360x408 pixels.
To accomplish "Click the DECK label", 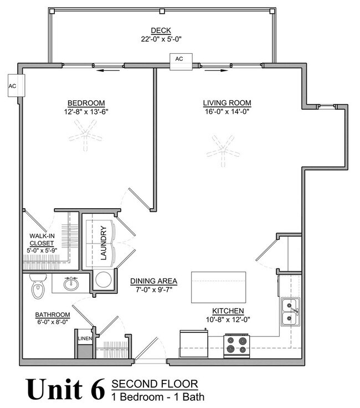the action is tap(161, 30).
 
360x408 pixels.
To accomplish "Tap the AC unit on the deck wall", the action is tap(181, 61).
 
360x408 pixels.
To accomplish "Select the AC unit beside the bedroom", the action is tap(16, 86).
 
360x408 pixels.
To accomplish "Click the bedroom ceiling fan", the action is tap(85, 135).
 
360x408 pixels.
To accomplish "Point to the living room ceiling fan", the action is tap(223, 151).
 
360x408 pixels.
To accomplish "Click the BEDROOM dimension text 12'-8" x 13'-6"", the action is tap(86, 112).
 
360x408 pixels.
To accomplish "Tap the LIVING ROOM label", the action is tap(227, 103).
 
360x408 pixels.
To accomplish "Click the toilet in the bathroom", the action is tap(38, 286).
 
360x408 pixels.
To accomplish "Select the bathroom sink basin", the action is tap(71, 283).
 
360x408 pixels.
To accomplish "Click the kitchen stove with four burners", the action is tap(236, 346).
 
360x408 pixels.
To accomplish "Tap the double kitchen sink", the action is tap(290, 312).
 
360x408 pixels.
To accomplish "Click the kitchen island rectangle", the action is tap(218, 287).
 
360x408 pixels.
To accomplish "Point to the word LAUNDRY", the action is tap(104, 243).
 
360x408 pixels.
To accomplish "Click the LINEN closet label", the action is tap(85, 339).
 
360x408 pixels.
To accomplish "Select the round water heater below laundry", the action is tap(104, 280).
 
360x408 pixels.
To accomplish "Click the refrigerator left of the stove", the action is tap(194, 343).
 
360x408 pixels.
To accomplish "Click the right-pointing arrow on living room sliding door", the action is tap(217, 70).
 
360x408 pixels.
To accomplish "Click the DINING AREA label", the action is tap(153, 281).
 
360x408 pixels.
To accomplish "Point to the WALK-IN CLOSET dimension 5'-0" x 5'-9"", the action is tap(42, 251).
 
